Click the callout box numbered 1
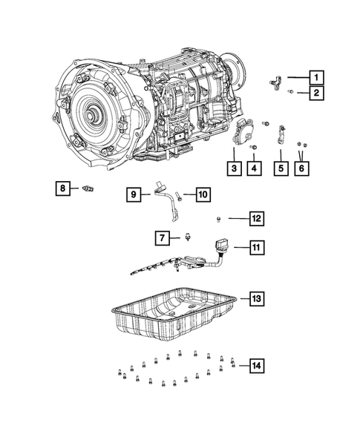[x=316, y=76]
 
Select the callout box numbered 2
[x=316, y=93]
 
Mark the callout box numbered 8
[x=64, y=188]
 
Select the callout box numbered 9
[x=133, y=194]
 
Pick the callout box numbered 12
[x=255, y=218]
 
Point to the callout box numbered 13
[x=256, y=298]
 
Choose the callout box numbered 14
[x=256, y=365]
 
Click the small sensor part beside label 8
[x=90, y=188]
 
